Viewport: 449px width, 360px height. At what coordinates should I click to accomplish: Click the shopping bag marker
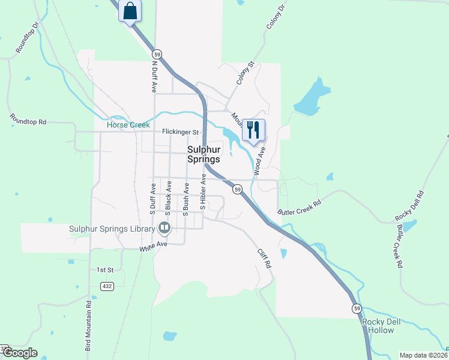(130, 11)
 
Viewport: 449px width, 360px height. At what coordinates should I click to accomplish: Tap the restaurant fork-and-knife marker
(253, 130)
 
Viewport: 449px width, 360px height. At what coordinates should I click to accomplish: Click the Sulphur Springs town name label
(203, 155)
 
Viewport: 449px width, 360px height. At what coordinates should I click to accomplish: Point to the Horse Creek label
(128, 125)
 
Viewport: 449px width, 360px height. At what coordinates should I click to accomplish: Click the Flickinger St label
(180, 132)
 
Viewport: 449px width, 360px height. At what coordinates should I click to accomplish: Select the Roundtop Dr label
(27, 38)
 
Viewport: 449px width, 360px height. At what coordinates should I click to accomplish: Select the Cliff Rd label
(265, 259)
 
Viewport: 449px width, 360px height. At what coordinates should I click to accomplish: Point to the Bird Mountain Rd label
(88, 325)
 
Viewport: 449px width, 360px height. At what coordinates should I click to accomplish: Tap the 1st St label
(105, 271)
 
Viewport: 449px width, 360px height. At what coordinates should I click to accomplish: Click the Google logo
(20, 353)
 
